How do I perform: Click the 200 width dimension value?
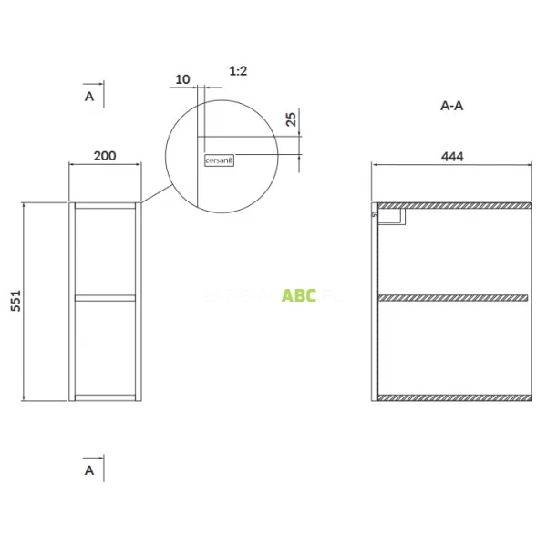point(105,156)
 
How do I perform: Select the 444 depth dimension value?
point(452,156)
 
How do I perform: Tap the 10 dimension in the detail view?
point(182,79)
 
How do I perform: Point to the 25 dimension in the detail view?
point(291,119)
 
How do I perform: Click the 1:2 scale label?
point(239,70)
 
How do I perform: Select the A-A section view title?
point(452,106)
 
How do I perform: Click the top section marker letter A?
point(89,95)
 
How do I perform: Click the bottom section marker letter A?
point(89,470)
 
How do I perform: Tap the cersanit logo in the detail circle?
point(219,160)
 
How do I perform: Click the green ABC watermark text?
point(299,295)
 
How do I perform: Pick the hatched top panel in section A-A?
point(454,205)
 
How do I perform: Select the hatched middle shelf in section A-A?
point(454,298)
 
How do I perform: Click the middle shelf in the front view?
point(106,297)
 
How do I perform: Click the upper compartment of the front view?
point(106,252)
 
